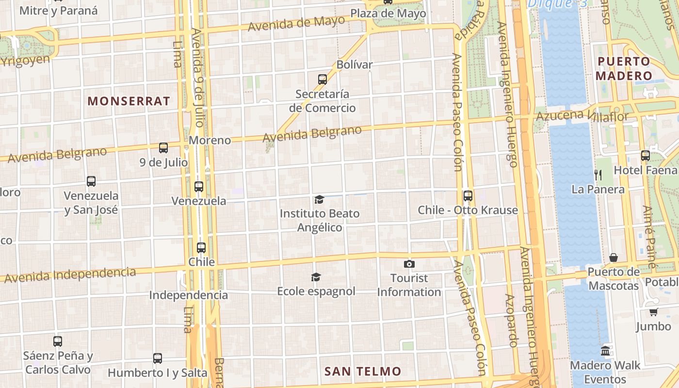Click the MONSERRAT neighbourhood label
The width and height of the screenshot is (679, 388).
(x=129, y=101)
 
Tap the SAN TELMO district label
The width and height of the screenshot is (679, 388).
(x=363, y=372)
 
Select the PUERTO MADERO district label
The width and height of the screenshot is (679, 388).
(x=624, y=68)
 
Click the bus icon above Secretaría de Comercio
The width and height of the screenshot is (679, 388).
(x=323, y=79)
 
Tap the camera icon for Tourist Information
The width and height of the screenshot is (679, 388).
(x=409, y=264)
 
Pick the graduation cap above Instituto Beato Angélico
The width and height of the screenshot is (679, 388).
(x=319, y=199)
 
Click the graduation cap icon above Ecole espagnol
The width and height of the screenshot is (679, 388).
(x=316, y=277)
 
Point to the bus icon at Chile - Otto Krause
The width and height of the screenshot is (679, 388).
(x=468, y=196)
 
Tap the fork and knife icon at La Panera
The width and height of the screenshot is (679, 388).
(x=598, y=175)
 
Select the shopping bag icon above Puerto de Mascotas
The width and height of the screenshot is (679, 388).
(x=614, y=258)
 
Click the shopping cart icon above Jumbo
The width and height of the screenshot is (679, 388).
(x=653, y=312)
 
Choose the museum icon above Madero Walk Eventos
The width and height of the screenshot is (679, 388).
(x=605, y=351)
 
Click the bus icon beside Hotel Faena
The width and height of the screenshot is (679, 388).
(x=646, y=156)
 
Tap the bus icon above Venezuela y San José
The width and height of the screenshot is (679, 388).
(x=91, y=181)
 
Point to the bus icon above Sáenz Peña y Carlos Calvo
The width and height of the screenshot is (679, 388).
(x=58, y=341)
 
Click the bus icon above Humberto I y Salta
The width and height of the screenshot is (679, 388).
(x=158, y=358)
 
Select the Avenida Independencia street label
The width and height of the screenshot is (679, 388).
(x=70, y=275)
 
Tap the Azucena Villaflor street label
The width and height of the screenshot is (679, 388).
(x=582, y=116)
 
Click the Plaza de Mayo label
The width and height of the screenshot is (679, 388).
(x=388, y=13)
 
